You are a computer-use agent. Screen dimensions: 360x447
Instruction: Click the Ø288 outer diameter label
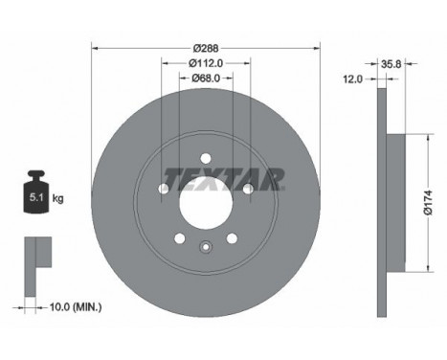click(205, 47)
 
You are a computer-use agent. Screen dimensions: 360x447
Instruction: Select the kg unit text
click(57, 198)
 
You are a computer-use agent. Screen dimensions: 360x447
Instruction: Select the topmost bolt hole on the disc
click(206, 158)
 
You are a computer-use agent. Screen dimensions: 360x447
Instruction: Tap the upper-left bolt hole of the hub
click(164, 189)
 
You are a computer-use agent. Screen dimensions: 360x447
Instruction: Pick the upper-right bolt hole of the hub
click(248, 189)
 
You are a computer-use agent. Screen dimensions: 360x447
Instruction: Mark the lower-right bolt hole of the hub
click(232, 238)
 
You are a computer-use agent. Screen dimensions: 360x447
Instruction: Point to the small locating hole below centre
click(206, 248)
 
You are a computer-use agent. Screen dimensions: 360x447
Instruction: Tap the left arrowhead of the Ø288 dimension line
click(94, 47)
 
